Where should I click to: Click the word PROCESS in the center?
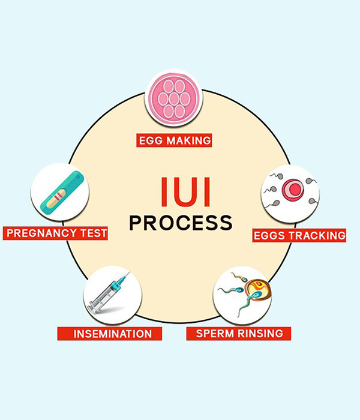click(x=181, y=223)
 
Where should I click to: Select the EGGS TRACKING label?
click(x=299, y=235)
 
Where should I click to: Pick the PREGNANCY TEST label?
click(x=56, y=232)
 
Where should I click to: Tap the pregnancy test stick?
click(x=60, y=193)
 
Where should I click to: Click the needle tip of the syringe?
click(x=127, y=274)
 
